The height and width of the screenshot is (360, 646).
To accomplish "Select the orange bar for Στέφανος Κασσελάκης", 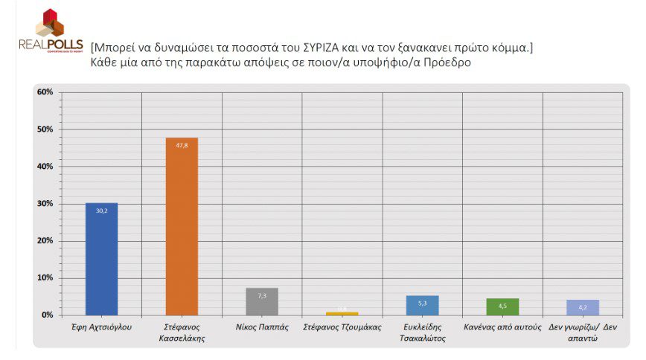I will (182, 226).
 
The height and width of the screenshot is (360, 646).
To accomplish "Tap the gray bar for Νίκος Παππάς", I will (261, 301).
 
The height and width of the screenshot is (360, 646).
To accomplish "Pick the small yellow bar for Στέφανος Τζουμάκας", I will (342, 313).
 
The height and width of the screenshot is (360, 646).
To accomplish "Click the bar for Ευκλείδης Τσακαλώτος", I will (422, 305).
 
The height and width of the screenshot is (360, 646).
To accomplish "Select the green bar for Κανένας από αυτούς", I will (502, 306).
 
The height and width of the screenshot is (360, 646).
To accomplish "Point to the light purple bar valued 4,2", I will (583, 307).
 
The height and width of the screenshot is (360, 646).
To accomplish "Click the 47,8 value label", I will (182, 145).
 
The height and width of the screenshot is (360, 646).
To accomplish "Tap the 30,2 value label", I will (101, 210).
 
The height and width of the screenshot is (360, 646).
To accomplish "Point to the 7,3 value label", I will (261, 295).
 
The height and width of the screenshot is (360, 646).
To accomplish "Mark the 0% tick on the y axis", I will (47, 315).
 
